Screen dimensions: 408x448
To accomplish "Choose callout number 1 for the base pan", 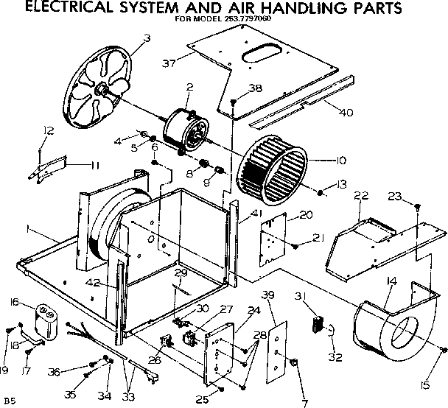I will pyautogui.click(x=27, y=231).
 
